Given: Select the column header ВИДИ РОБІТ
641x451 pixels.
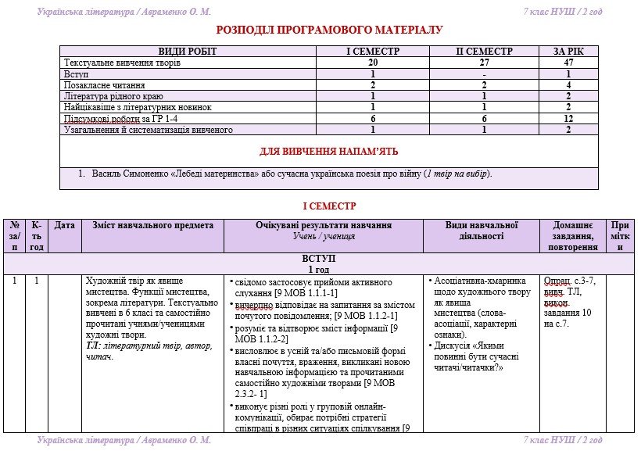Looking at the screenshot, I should (188, 52).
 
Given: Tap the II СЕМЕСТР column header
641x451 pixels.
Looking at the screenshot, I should (484, 52).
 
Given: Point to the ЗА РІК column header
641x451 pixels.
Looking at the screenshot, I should (569, 52).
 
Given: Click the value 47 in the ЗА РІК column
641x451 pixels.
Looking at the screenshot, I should (569, 63).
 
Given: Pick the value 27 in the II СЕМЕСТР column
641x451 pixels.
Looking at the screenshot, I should (484, 63).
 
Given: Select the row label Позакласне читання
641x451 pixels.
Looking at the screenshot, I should (104, 84).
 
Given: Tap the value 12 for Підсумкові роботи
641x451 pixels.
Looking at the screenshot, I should (569, 119).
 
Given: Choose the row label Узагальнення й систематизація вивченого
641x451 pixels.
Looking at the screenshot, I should (149, 130).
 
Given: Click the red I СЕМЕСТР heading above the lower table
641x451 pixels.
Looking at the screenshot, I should (329, 206).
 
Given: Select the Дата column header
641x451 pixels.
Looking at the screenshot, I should (65, 225).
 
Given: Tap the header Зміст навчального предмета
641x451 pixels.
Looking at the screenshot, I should (152, 225).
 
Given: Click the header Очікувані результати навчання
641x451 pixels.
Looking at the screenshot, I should (324, 225).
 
